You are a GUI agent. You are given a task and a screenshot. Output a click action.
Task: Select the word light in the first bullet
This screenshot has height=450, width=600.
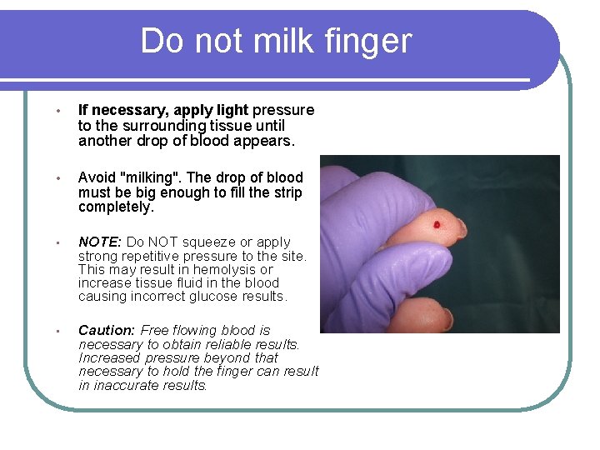[231, 110]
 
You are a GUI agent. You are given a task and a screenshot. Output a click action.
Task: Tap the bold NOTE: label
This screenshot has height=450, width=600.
[100, 242]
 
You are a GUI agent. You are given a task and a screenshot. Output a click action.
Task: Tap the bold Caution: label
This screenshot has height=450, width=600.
[107, 331]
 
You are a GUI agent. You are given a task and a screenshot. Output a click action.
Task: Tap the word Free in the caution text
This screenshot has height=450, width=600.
[155, 331]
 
